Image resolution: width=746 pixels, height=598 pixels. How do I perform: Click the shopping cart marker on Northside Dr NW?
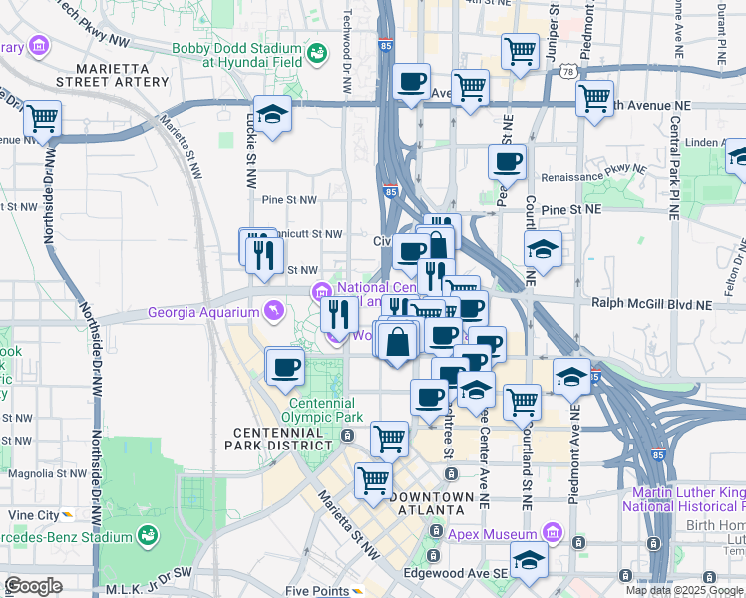[x=42, y=120]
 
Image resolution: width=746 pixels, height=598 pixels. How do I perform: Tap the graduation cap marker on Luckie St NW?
[x=272, y=115]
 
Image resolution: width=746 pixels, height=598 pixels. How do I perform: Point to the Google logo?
[x=32, y=586]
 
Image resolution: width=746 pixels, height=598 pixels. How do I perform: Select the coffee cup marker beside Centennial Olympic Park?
[x=284, y=366]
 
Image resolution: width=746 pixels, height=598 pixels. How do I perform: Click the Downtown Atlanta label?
[x=431, y=503]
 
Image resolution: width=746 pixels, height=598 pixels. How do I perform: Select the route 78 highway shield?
[x=566, y=72]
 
